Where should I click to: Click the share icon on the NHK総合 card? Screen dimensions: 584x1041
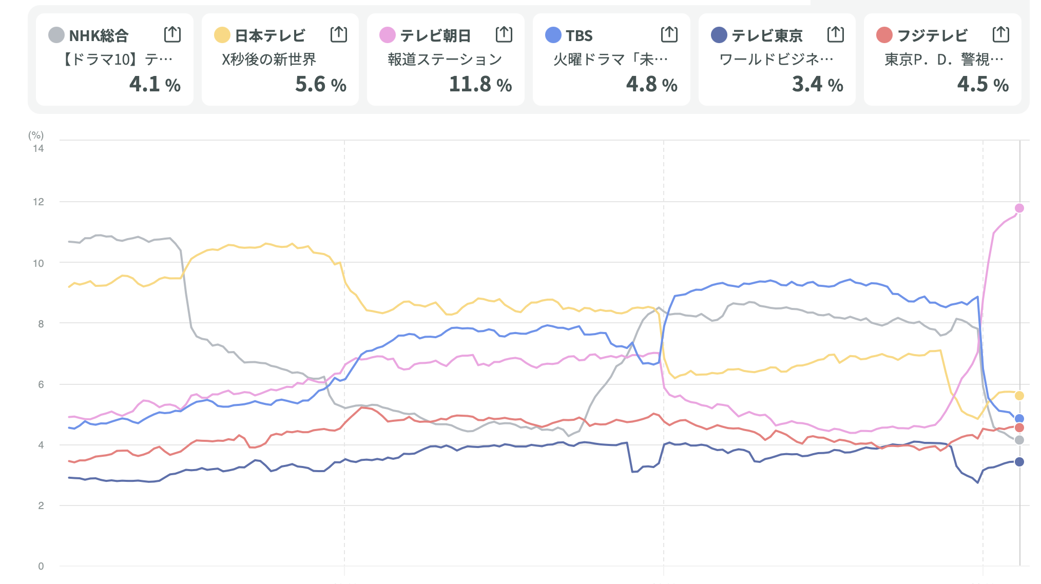click(x=172, y=34)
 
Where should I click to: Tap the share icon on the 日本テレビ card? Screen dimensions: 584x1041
click(x=338, y=34)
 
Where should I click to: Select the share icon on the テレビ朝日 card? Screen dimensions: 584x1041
click(x=504, y=34)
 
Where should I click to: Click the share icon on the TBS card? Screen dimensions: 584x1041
click(x=669, y=34)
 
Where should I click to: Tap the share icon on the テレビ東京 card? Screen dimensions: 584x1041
click(x=835, y=34)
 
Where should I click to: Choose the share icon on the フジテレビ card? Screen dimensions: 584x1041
click(x=1000, y=34)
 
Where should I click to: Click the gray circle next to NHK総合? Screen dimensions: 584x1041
click(x=56, y=35)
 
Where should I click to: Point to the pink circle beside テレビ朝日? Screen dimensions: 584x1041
click(x=387, y=35)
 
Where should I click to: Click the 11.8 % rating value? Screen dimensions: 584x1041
click(x=480, y=84)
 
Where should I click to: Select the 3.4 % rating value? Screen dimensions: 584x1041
click(x=817, y=84)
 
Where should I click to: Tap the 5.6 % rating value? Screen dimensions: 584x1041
click(x=320, y=84)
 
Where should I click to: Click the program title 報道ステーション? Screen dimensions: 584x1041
click(x=445, y=60)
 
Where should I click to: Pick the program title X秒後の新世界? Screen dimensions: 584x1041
click(x=269, y=60)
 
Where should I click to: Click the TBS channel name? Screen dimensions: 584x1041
click(x=579, y=35)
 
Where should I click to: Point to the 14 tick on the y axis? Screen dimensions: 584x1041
click(x=38, y=148)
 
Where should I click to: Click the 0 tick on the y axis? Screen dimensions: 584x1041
click(x=41, y=566)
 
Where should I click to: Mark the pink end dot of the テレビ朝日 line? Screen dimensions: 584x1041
click(x=1019, y=208)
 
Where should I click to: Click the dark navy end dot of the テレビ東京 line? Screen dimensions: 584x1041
click(x=1019, y=462)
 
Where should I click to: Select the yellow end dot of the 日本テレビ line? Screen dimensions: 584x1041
click(x=1019, y=396)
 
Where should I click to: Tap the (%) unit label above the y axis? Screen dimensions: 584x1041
click(x=36, y=135)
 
